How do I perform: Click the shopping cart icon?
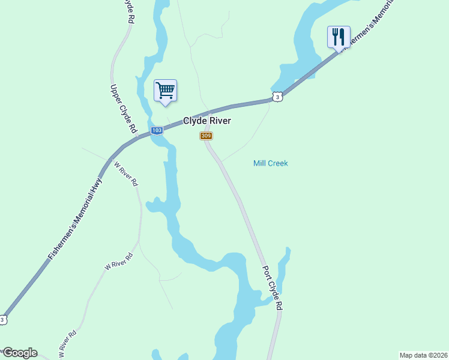(165, 91)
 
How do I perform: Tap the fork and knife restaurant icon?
(339, 37)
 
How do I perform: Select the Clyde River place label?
(207, 121)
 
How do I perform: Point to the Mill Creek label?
(271, 163)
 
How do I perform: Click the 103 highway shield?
(157, 130)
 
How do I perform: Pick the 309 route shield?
(206, 136)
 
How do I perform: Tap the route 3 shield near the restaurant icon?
(276, 97)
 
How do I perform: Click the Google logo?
(19, 353)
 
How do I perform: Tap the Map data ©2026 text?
(423, 355)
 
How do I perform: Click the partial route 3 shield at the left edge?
(2, 320)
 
